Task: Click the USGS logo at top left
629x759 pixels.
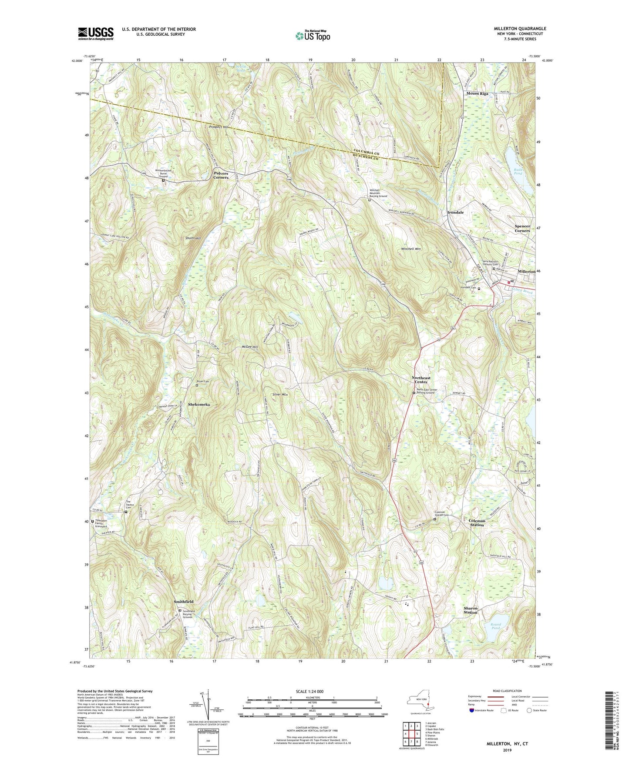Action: tap(95, 33)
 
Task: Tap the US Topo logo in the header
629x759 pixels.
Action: tap(312, 36)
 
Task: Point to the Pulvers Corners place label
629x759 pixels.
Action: tap(221, 175)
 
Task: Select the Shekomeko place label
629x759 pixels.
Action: tap(199, 404)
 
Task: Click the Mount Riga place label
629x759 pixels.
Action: tap(477, 94)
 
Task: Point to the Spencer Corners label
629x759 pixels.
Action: tap(522, 228)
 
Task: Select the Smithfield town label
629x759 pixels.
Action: tap(183, 602)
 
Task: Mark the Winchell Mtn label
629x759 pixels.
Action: tap(411, 249)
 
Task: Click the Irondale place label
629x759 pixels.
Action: tap(455, 213)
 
